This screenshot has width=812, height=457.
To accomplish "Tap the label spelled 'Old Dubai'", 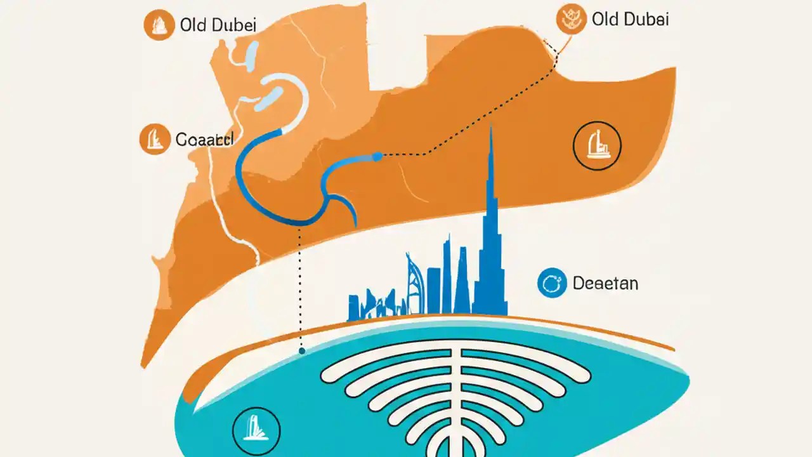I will [629, 20].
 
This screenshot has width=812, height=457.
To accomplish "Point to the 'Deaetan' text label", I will [605, 283].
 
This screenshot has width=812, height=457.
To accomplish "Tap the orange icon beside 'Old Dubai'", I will [570, 20].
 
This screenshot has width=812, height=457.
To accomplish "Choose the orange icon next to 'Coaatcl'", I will [154, 139].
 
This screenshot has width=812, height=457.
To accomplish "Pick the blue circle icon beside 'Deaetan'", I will [551, 283].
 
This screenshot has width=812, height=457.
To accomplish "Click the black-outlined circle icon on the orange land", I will [597, 147].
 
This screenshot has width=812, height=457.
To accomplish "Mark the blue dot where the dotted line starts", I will [377, 156].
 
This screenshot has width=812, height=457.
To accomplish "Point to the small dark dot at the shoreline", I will [301, 350].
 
